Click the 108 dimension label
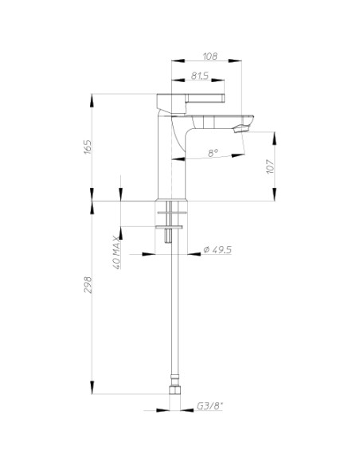[210, 56]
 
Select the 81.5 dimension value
[200, 76]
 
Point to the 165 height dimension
[88, 147]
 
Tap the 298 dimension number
[88, 285]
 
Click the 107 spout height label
[270, 166]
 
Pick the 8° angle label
[213, 153]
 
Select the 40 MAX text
[116, 252]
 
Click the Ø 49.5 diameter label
[217, 250]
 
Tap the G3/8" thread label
[210, 406]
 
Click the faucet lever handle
[205, 98]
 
